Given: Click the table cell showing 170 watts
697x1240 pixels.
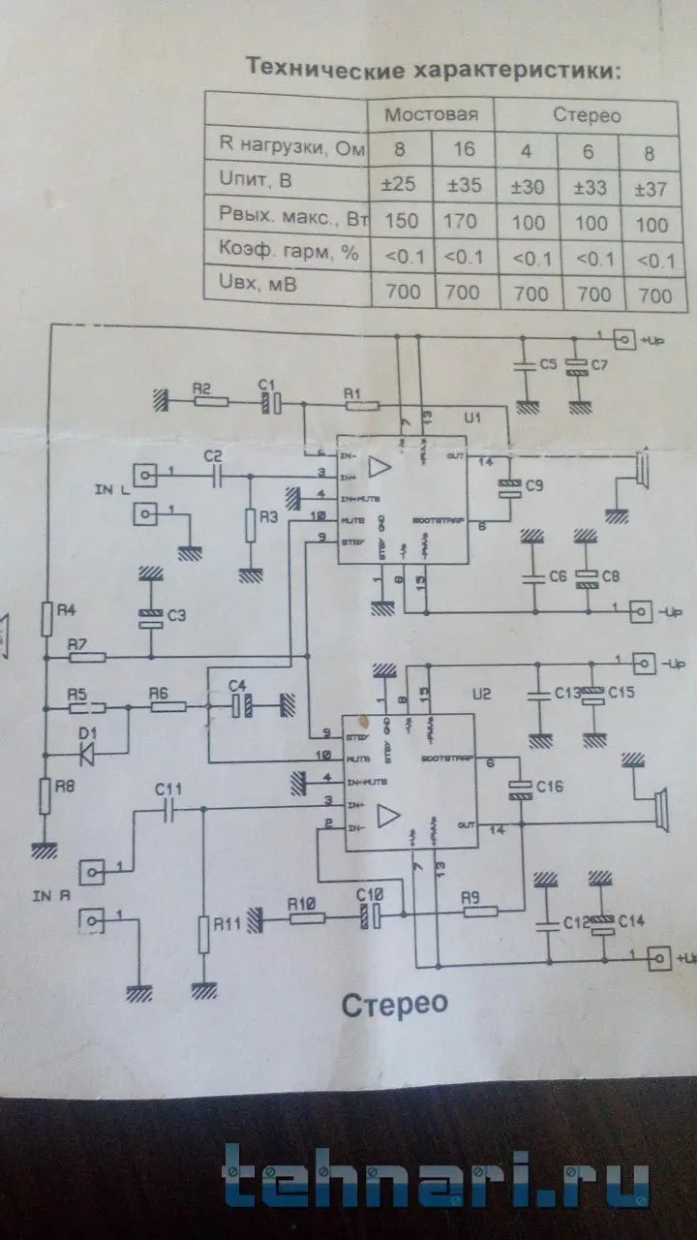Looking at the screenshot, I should (461, 221).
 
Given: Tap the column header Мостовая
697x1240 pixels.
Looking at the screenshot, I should (431, 115).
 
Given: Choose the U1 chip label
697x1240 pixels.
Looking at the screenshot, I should (472, 418).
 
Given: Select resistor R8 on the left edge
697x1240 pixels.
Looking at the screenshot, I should (45, 795).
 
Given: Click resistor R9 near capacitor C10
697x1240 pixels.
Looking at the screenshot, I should (478, 912).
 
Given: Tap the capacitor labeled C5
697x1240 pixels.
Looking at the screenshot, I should (526, 363).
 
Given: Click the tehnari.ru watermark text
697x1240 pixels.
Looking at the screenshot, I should (437, 1183).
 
